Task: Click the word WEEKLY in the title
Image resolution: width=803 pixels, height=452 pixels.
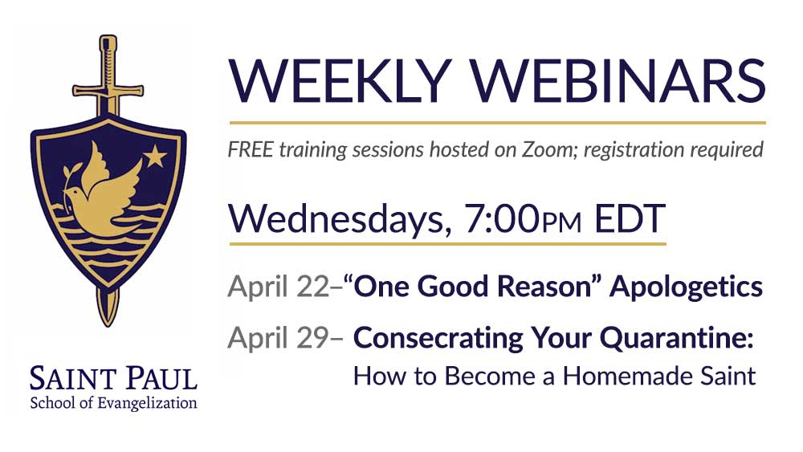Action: [340, 82]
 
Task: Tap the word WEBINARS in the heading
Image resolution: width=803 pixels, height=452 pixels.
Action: [618, 82]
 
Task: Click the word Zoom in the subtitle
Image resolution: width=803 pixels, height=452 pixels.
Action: [545, 149]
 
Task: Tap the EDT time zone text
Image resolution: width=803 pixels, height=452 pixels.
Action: [630, 218]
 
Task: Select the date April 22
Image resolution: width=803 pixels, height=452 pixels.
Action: [278, 287]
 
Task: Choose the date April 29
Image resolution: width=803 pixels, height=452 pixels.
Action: [278, 338]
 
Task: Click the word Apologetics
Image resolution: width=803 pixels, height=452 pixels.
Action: [686, 287]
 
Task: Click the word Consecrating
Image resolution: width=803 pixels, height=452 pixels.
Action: [438, 338]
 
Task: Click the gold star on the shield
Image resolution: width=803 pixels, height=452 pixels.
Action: [155, 156]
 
